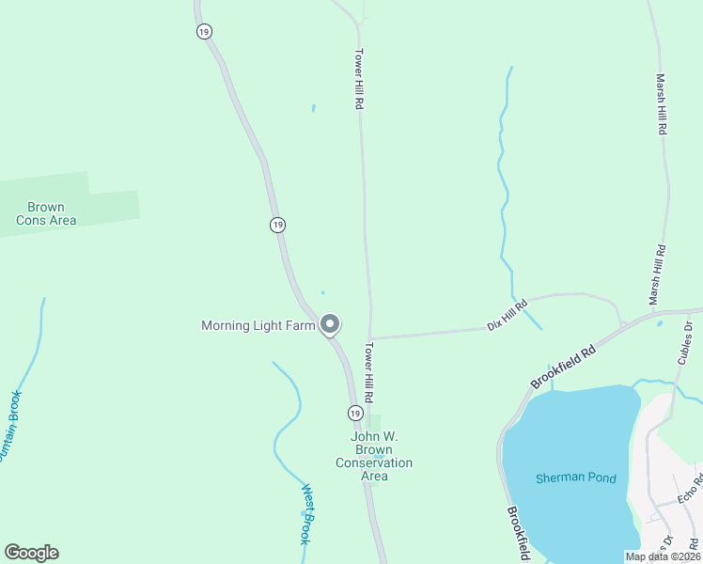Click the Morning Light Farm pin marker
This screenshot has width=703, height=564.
click(x=330, y=324)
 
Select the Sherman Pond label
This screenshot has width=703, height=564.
click(x=576, y=478)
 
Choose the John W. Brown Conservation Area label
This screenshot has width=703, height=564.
click(x=374, y=456)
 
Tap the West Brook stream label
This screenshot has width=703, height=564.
click(x=305, y=514)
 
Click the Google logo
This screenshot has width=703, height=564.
click(x=31, y=553)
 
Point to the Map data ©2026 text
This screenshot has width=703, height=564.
click(x=662, y=556)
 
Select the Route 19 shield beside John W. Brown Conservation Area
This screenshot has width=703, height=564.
click(x=354, y=414)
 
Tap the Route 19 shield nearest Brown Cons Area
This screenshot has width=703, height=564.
click(x=276, y=225)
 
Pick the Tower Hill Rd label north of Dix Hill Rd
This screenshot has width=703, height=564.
click(x=358, y=80)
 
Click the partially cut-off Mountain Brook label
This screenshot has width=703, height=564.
click(x=9, y=428)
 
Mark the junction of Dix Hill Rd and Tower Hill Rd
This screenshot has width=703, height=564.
click(x=370, y=338)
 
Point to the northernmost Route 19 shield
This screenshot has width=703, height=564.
click(x=204, y=31)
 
